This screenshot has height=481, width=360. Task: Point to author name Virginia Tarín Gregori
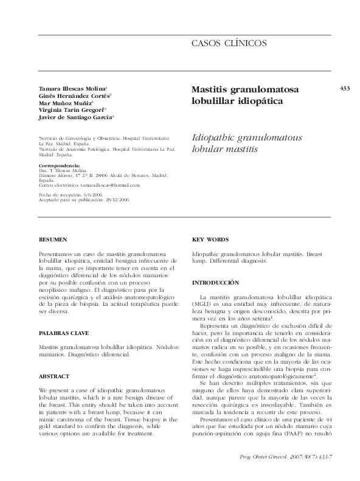coord(71,110)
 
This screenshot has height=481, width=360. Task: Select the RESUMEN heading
coord(53,240)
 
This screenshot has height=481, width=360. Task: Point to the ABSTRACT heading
coord(54,376)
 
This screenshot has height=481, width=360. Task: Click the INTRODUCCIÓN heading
coord(215,283)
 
